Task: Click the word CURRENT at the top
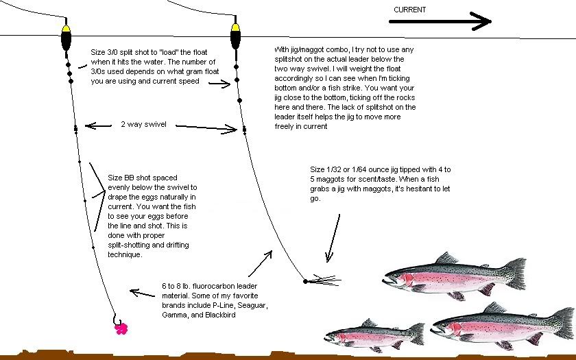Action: point(409,10)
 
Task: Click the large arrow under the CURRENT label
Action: point(440,21)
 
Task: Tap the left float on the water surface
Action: point(66,38)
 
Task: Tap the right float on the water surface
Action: point(235,38)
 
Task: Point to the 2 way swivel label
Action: point(143,125)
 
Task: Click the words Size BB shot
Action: point(134,177)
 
